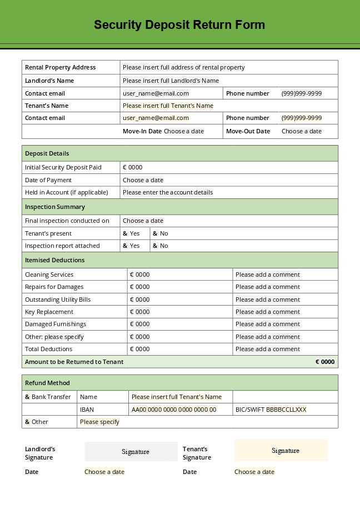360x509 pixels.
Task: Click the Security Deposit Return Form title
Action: pos(179,25)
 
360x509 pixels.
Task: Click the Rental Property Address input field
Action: pos(183,67)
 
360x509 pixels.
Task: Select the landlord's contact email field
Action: pos(156,93)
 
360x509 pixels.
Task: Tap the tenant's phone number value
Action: pos(301,118)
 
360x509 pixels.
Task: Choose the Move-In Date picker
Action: pos(183,131)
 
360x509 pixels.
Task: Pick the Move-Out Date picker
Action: pos(301,131)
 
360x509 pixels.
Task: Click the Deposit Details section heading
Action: pos(47,153)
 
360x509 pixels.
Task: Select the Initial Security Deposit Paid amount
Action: pos(133,167)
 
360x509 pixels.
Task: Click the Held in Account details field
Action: pos(168,192)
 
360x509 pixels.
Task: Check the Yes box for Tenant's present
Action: pos(126,233)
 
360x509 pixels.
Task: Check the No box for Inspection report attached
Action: pos(156,246)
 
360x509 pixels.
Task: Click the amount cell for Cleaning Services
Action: pos(139,275)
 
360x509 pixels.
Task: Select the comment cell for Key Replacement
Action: pos(267,312)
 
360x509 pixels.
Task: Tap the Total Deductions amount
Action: pos(139,349)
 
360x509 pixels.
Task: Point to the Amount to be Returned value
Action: pos(325,362)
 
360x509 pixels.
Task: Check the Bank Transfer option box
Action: pos(28,397)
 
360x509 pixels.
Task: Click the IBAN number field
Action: pos(173,410)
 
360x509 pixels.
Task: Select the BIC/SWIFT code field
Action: pos(286,410)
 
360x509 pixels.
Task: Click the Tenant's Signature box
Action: pos(281,451)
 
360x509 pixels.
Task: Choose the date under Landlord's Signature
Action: pos(104,472)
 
